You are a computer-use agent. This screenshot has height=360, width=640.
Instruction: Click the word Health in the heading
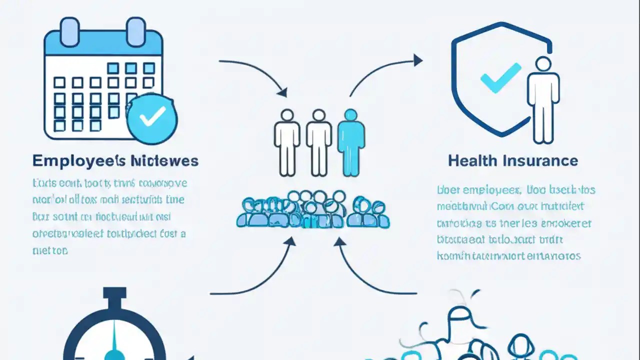(x=472, y=160)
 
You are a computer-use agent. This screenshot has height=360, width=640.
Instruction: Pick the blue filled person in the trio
(x=351, y=142)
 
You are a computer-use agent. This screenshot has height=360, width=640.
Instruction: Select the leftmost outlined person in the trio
(x=287, y=142)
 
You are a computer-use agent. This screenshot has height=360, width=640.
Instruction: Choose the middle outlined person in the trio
(x=318, y=142)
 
